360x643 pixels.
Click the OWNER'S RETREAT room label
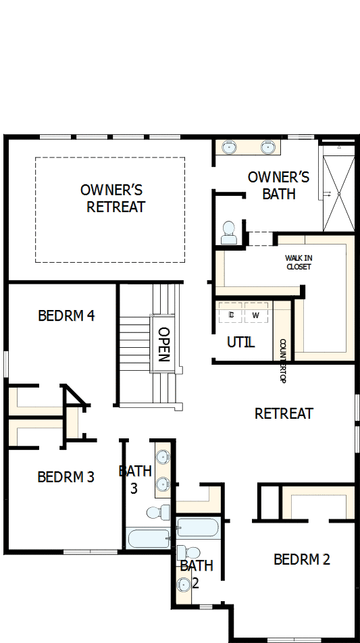[x=112, y=198]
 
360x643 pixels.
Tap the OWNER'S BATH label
[x=278, y=185]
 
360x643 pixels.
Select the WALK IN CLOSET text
[x=299, y=262]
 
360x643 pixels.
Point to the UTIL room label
[x=240, y=342]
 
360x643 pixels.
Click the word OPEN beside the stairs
[x=163, y=344]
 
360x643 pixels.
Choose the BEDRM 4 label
[x=66, y=315]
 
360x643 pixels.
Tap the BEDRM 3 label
[x=66, y=477]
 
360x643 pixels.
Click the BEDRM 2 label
[x=302, y=559]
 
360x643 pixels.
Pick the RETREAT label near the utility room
[x=284, y=413]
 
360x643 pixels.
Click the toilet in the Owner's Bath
[x=229, y=232]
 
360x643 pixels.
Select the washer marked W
[x=256, y=315]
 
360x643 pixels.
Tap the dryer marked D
[x=231, y=315]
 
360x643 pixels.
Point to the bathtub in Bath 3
[x=149, y=538]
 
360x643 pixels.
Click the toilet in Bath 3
[x=157, y=513]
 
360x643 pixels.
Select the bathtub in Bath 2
[x=197, y=528]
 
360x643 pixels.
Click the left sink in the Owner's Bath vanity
[x=230, y=147]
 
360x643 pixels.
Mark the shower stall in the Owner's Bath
[x=337, y=193]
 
